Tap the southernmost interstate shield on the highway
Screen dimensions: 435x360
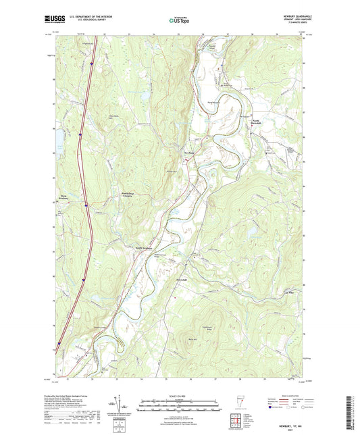click(59, 343)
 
